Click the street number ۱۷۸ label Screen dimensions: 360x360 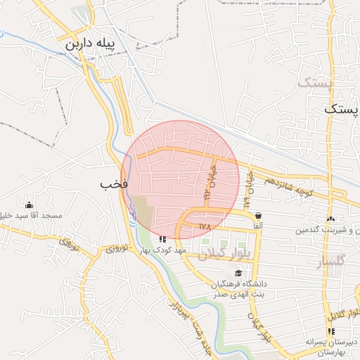click(x=205, y=226)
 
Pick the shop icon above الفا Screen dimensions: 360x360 click(x=259, y=215)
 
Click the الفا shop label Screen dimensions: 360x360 click(x=259, y=226)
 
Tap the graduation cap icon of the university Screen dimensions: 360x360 click(x=238, y=273)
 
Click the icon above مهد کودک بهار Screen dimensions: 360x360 click(x=163, y=238)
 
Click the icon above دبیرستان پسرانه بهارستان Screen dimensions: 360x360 click(x=331, y=330)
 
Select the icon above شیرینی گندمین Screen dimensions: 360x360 click(x=330, y=219)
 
